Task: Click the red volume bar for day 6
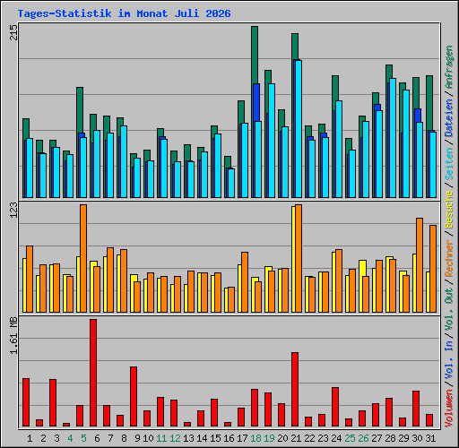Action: (93, 373)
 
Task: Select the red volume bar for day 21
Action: (295, 390)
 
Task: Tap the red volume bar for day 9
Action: (134, 397)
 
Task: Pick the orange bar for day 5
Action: (83, 259)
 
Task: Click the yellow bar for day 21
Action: (293, 260)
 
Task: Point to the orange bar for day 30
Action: (420, 265)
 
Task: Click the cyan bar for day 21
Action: (299, 129)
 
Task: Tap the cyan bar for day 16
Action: (231, 184)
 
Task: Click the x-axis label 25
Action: (350, 438)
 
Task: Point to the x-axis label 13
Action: (188, 438)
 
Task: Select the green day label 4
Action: (70, 438)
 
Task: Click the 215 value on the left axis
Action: (13, 32)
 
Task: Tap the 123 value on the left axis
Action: (13, 210)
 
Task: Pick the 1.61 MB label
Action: (13, 335)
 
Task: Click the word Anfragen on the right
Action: (449, 67)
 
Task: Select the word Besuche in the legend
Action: (449, 211)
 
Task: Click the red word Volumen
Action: (449, 409)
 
